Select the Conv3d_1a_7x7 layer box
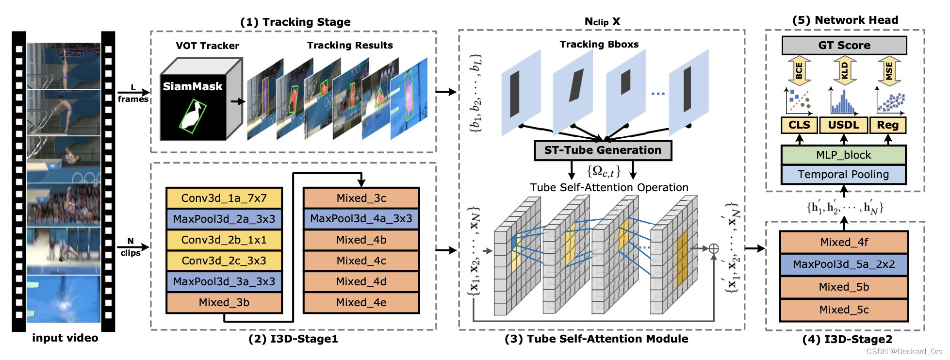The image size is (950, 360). click(x=224, y=198)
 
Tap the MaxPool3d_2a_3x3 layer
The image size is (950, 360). click(x=224, y=219)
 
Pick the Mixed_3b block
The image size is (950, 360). click(x=224, y=302)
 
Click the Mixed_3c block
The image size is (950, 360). click(x=361, y=198)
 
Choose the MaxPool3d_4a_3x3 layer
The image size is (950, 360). click(x=361, y=219)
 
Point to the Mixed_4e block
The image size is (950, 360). click(x=361, y=302)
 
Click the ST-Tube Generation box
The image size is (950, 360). click(x=603, y=150)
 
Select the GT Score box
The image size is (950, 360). click(x=844, y=46)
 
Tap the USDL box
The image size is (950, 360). click(x=843, y=125)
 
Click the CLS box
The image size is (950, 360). click(x=799, y=125)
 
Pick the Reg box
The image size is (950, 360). click(x=887, y=125)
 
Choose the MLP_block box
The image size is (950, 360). click(x=843, y=155)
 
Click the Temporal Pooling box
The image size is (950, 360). click(x=843, y=175)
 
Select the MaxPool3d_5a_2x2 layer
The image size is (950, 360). click(x=844, y=264)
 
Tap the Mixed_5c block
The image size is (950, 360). click(x=844, y=310)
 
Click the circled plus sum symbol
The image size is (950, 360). click(x=714, y=249)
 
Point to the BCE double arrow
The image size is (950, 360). click(x=799, y=71)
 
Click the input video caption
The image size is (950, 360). click(x=65, y=338)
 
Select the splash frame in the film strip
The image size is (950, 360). click(x=63, y=298)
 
